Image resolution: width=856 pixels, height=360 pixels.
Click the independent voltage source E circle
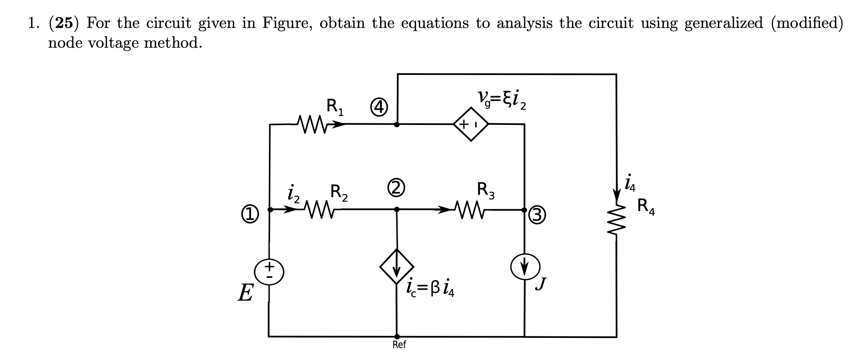click(x=269, y=272)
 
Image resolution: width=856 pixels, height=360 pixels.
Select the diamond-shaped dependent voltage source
click(x=471, y=125)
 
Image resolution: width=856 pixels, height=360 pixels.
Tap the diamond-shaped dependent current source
click(x=397, y=267)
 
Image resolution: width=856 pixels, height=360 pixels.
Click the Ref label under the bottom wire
click(x=399, y=345)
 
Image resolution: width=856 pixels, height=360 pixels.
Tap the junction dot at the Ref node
click(x=397, y=336)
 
